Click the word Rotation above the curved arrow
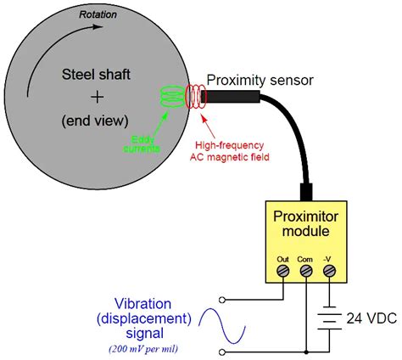98,14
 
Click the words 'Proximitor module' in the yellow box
303,222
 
